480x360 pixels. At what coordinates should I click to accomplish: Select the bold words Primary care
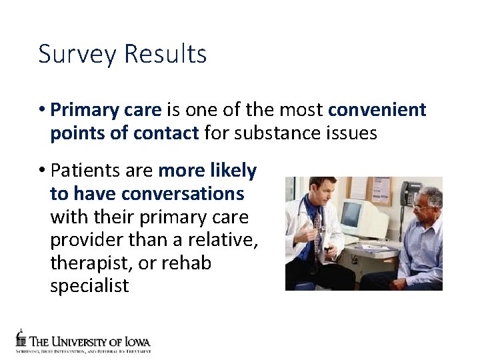pos(106,110)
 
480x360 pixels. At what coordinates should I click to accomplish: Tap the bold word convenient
pos(377,110)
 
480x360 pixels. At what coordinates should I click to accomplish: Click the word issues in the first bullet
pos(353,133)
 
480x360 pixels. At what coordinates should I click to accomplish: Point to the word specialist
pos(89,287)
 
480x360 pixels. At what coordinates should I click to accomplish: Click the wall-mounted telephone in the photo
pos(411,193)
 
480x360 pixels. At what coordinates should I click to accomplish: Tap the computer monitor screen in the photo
pos(351,215)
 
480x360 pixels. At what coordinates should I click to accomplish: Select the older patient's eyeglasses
pos(422,207)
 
